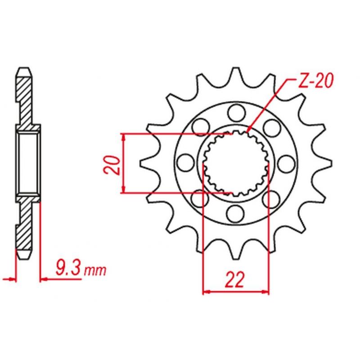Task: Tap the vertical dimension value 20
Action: tap(112, 165)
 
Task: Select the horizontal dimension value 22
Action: tap(234, 279)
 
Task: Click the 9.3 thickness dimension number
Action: tap(68, 268)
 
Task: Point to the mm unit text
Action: tap(95, 271)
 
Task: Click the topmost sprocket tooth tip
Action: tap(236, 68)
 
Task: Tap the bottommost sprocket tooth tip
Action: tap(236, 259)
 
